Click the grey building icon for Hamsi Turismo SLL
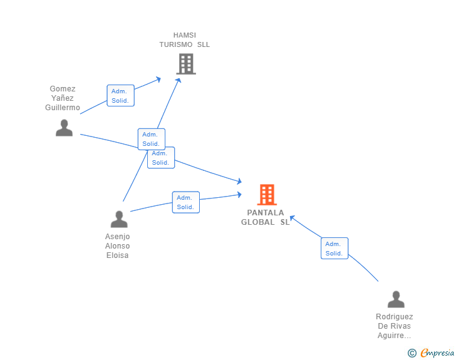click(186, 64)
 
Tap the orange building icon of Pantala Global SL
click(267, 195)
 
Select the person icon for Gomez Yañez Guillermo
click(65, 128)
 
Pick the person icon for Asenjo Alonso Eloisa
click(119, 219)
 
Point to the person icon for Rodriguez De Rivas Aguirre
click(396, 299)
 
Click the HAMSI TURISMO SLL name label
click(185, 40)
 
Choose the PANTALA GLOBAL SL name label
click(265, 217)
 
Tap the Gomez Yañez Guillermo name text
click(63, 98)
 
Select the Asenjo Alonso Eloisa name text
click(118, 245)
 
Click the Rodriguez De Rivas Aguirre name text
click(395, 326)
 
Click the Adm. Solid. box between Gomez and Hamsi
click(120, 95)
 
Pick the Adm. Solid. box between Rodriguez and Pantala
click(334, 249)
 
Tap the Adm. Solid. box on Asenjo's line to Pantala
click(186, 202)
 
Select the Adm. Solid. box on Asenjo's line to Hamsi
click(151, 139)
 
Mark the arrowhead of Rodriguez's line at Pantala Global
click(292, 218)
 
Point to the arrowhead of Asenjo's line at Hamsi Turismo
click(179, 80)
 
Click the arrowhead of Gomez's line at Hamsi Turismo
click(158, 79)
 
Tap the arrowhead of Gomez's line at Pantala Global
click(239, 182)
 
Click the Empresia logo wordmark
click(437, 353)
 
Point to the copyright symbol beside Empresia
click(412, 353)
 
